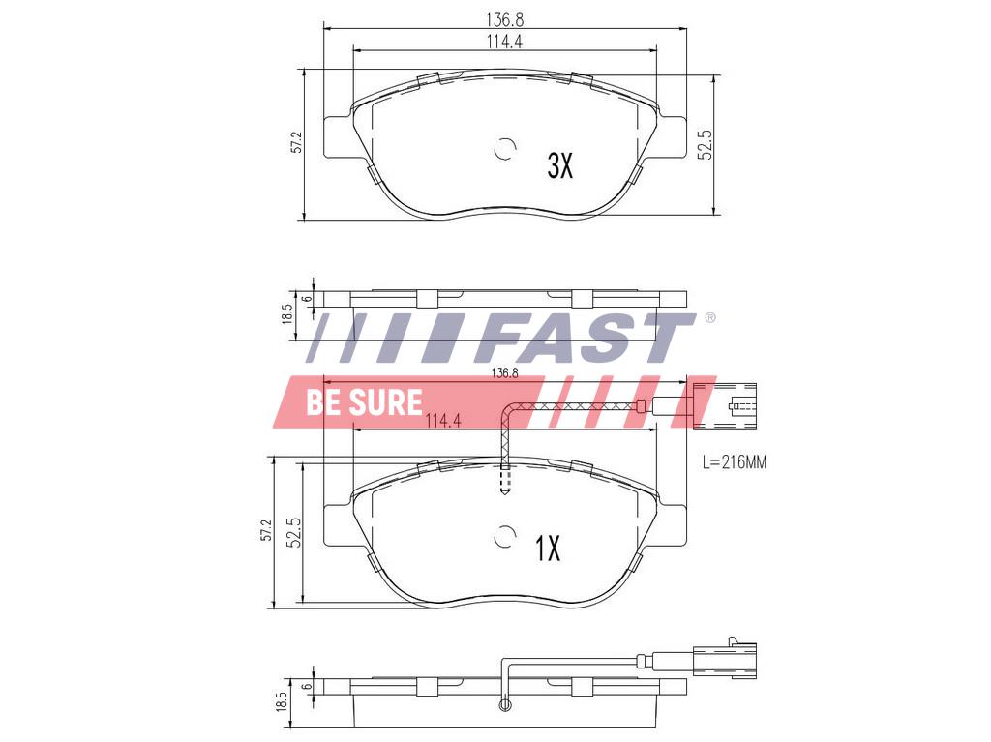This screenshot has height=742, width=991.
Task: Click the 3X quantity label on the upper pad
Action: (x=560, y=166)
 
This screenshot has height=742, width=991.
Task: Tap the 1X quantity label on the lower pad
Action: (x=548, y=549)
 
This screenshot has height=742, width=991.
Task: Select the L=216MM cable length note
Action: (x=734, y=463)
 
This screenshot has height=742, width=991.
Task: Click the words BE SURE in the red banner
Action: (x=364, y=402)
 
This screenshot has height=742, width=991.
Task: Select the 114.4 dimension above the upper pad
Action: (x=504, y=40)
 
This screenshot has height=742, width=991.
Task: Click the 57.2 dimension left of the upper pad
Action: (x=297, y=142)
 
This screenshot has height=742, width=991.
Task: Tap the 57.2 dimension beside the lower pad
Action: (x=266, y=531)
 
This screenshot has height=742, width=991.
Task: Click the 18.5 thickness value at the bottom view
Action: (x=282, y=701)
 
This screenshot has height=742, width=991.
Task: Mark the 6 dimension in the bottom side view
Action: (x=307, y=685)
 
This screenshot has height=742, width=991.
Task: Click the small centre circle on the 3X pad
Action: (x=504, y=150)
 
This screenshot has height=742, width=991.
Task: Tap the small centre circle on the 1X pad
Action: (x=504, y=537)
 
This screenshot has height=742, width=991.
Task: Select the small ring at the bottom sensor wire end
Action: (x=502, y=706)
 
